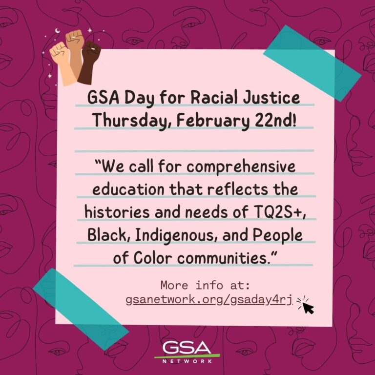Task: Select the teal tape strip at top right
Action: (x=312, y=63)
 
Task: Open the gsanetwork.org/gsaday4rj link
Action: (x=209, y=300)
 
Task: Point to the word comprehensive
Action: (x=241, y=167)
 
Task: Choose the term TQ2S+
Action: (x=278, y=212)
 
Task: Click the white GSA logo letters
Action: (x=187, y=348)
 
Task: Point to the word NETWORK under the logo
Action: (x=187, y=361)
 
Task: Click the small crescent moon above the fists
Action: (x=58, y=31)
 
